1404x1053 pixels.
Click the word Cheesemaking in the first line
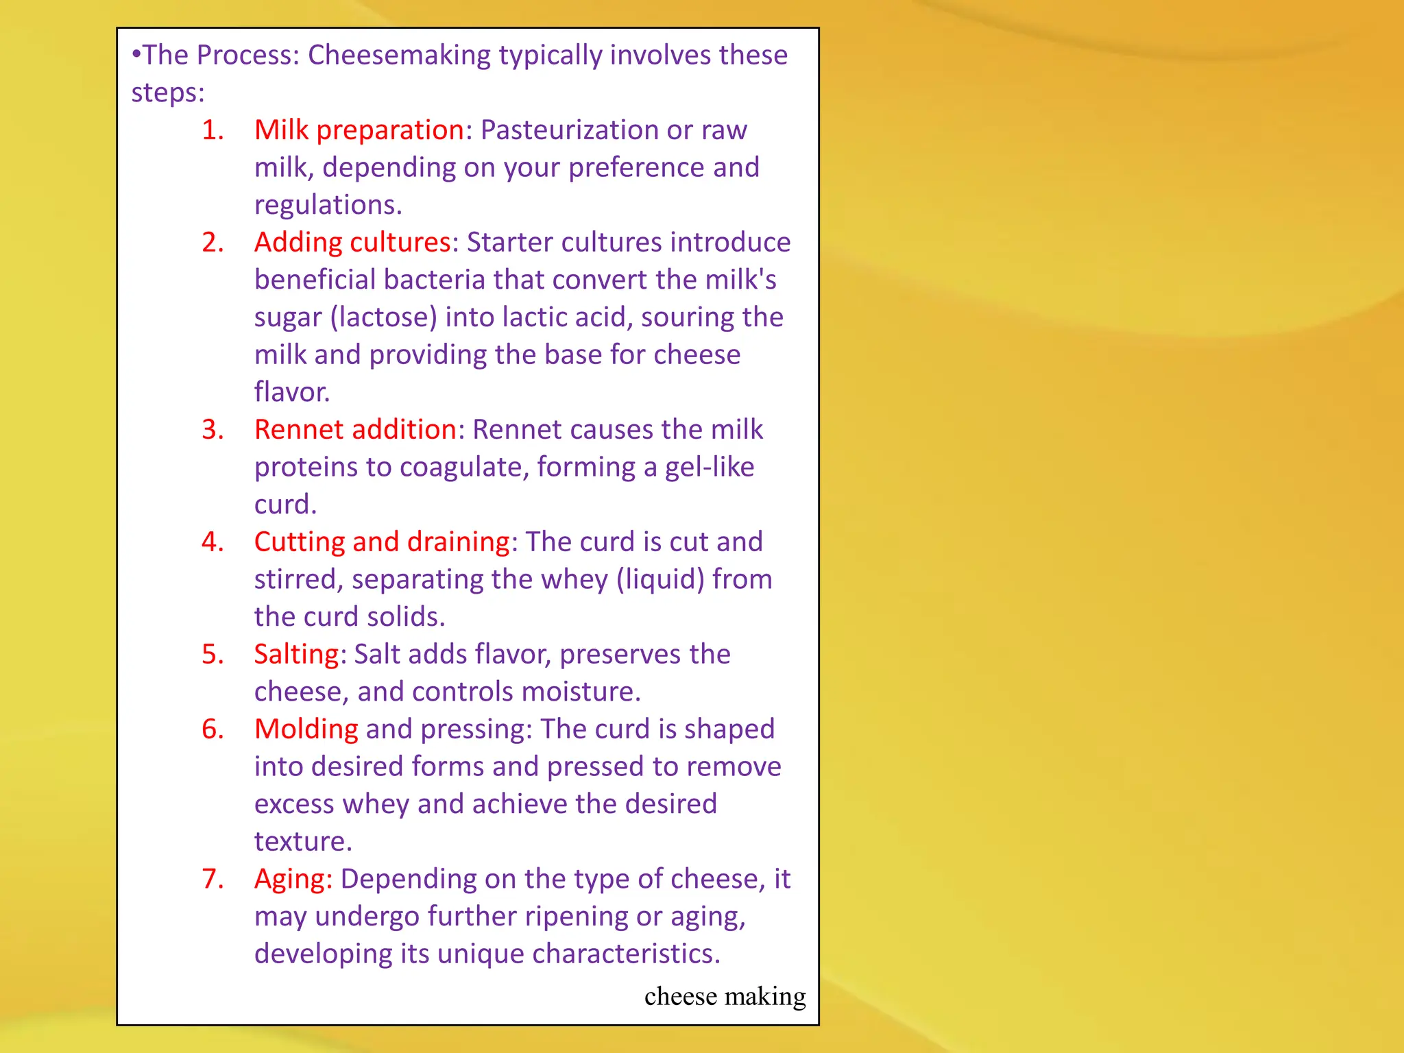pyautogui.click(x=399, y=55)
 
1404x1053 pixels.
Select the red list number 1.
pyautogui.click(x=213, y=130)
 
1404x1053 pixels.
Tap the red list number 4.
pyautogui.click(x=213, y=542)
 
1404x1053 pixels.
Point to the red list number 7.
pyautogui.click(x=213, y=879)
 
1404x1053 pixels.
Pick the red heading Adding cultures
pyautogui.click(x=352, y=243)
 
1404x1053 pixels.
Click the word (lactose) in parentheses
pyautogui.click(x=383, y=317)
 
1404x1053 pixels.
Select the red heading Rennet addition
pyautogui.click(x=355, y=430)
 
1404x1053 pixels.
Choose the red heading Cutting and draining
pyautogui.click(x=382, y=542)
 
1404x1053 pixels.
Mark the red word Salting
pyautogui.click(x=296, y=655)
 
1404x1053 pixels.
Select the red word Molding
pyautogui.click(x=306, y=729)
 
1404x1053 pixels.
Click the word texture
pyautogui.click(x=302, y=842)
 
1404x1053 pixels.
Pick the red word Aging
pyautogui.click(x=293, y=879)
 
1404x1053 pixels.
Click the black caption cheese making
pyautogui.click(x=725, y=996)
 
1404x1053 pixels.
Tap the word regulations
pyautogui.click(x=328, y=205)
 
